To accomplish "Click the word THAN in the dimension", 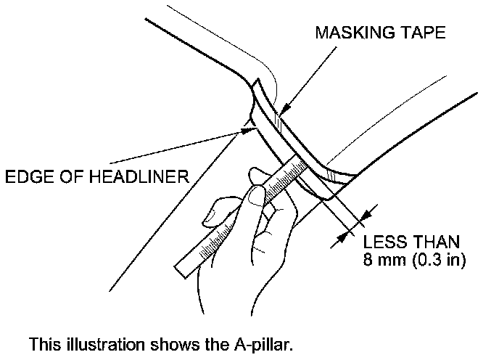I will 435,241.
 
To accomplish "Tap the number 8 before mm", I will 368,258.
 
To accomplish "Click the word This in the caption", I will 42,343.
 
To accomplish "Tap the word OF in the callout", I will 65,176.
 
